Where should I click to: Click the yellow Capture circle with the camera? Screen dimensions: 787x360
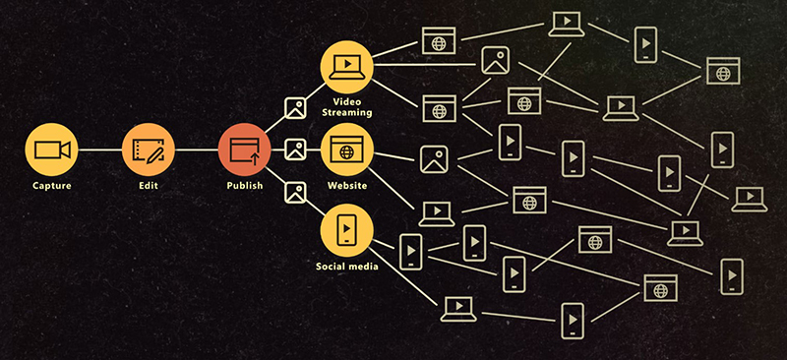[50, 150]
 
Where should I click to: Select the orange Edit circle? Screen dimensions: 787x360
[148, 150]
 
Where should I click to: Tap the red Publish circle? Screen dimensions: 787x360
[245, 150]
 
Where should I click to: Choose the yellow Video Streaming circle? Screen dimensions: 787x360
[346, 66]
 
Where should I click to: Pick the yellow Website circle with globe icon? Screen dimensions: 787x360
[346, 150]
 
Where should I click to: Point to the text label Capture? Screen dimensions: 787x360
[50, 185]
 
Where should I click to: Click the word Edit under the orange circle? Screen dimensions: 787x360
[148, 185]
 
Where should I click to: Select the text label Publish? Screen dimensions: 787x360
[245, 185]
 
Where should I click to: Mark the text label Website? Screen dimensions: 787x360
[346, 185]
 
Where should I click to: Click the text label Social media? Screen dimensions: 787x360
[346, 267]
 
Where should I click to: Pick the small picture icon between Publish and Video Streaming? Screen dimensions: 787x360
[295, 108]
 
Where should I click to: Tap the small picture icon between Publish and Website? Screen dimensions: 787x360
[295, 150]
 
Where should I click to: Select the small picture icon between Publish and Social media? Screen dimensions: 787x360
[295, 192]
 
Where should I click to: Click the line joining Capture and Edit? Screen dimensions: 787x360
[98, 150]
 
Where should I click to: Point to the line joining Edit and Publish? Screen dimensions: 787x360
[196, 150]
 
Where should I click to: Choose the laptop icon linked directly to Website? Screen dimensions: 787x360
[434, 210]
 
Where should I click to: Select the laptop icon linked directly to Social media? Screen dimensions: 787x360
[457, 307]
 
